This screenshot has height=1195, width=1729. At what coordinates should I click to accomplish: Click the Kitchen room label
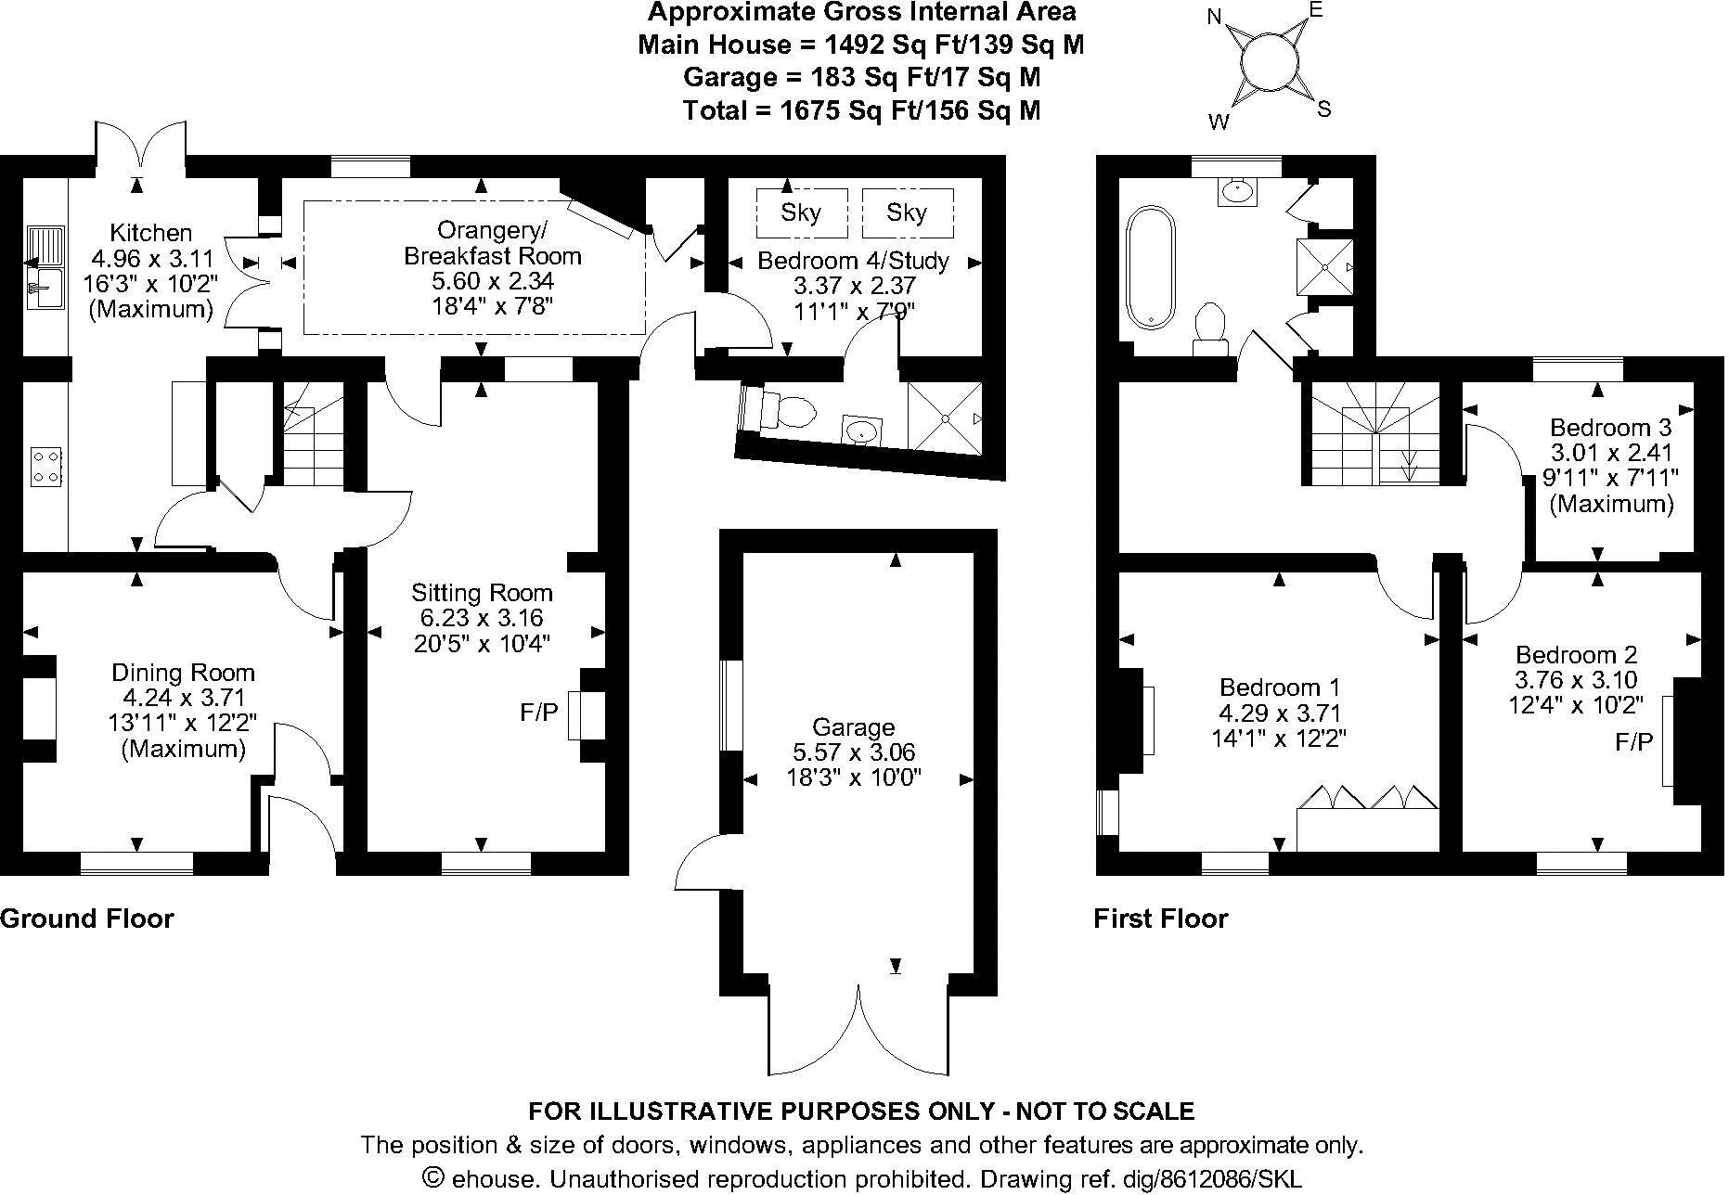pyautogui.click(x=150, y=233)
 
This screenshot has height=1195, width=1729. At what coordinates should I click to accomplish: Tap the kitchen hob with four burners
pyautogui.click(x=46, y=466)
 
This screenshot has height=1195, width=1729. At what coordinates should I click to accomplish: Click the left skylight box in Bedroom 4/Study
pyautogui.click(x=801, y=213)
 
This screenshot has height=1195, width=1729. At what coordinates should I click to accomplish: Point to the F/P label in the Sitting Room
pyautogui.click(x=539, y=713)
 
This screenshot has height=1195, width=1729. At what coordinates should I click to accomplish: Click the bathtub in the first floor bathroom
pyautogui.click(x=1151, y=267)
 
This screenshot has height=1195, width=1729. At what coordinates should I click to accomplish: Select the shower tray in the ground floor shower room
pyautogui.click(x=944, y=418)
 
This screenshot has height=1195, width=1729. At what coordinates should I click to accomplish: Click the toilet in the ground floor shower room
pyautogui.click(x=785, y=410)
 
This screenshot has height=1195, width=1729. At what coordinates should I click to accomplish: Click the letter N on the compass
pyautogui.click(x=1215, y=17)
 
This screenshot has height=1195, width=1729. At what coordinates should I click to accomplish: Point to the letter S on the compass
pyautogui.click(x=1323, y=109)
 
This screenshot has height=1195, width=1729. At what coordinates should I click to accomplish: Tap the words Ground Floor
pyautogui.click(x=87, y=919)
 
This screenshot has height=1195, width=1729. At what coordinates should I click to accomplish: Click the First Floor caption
pyautogui.click(x=1160, y=919)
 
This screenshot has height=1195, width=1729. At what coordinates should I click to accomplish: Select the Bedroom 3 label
pyautogui.click(x=1610, y=428)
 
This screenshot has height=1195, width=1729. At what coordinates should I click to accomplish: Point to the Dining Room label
pyautogui.click(x=183, y=673)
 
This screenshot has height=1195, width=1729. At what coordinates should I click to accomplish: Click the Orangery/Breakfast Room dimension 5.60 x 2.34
pyautogui.click(x=493, y=281)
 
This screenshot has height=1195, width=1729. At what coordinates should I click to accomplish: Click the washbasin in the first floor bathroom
pyautogui.click(x=1235, y=191)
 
